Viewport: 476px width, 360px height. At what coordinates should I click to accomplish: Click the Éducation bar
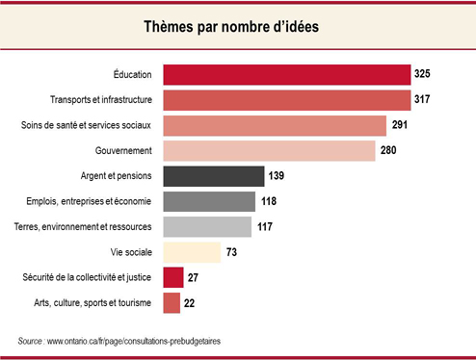pyautogui.click(x=287, y=75)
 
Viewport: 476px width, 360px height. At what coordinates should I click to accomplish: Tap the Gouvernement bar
pyautogui.click(x=269, y=151)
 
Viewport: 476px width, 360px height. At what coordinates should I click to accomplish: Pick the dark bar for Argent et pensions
pyautogui.click(x=213, y=176)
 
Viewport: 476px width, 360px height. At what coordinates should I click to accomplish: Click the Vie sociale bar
pyautogui.click(x=193, y=252)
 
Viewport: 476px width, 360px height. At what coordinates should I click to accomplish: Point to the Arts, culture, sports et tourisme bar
pyautogui.click(x=172, y=303)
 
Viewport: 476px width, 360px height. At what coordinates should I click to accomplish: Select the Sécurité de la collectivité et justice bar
pyautogui.click(x=173, y=278)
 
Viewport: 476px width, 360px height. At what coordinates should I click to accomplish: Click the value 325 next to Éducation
pyautogui.click(x=424, y=75)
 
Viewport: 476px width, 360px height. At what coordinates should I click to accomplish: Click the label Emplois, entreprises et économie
pyautogui.click(x=91, y=202)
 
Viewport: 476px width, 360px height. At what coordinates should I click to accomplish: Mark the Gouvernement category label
pyautogui.click(x=125, y=151)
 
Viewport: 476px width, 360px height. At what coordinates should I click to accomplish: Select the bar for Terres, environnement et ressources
pyautogui.click(x=208, y=227)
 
